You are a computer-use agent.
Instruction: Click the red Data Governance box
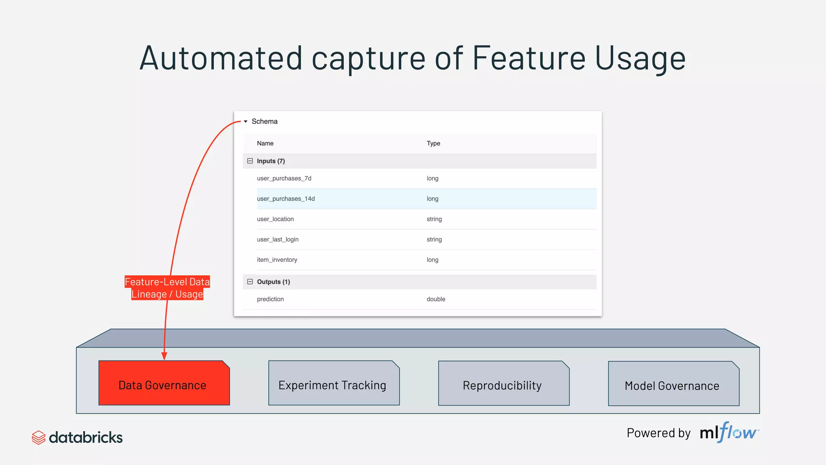click(x=164, y=383)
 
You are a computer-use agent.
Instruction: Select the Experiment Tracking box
click(x=334, y=384)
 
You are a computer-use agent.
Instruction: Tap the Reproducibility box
click(x=503, y=384)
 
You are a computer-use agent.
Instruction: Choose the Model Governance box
click(x=673, y=384)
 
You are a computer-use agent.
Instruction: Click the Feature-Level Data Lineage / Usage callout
click(x=167, y=288)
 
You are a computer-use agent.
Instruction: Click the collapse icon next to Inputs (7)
click(x=250, y=161)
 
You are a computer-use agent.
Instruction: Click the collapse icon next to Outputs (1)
click(x=250, y=282)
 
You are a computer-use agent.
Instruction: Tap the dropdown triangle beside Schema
click(x=245, y=121)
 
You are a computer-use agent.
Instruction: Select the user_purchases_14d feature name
click(x=286, y=199)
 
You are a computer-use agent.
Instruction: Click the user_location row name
click(x=275, y=219)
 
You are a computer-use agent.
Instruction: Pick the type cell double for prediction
click(x=436, y=299)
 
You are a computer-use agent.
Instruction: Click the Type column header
click(x=433, y=143)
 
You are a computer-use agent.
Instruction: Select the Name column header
click(x=265, y=143)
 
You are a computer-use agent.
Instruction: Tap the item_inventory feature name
click(x=277, y=260)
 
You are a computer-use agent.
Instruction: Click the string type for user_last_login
click(x=434, y=239)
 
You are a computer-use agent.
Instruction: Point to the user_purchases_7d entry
click(x=284, y=178)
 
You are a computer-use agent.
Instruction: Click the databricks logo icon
click(x=38, y=438)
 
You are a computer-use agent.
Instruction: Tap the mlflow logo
click(x=729, y=433)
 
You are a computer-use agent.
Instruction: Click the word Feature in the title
click(x=529, y=59)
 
